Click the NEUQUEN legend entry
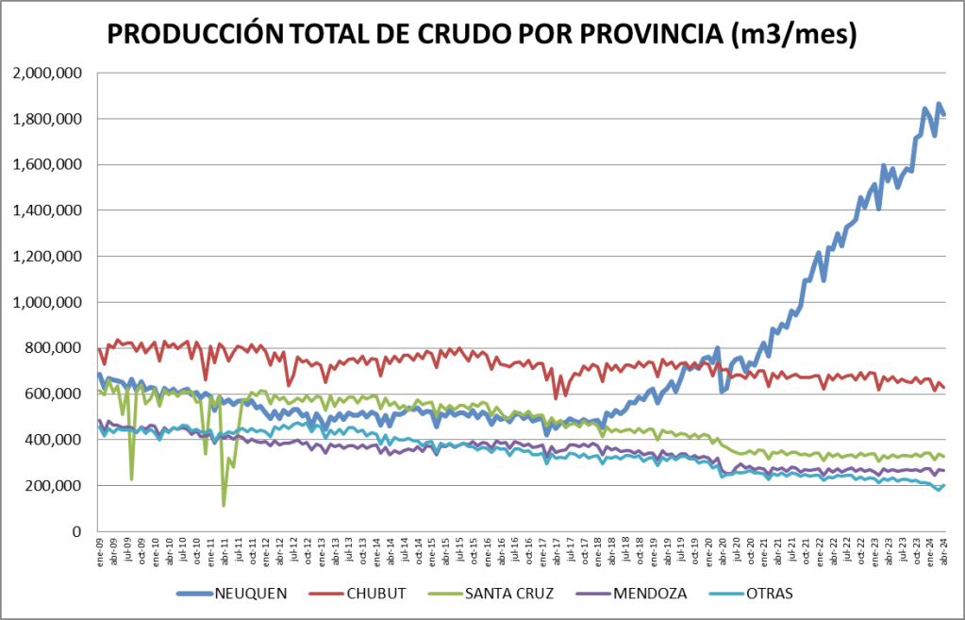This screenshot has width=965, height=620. pos(251,594)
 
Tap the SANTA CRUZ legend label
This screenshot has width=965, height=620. pos(509,594)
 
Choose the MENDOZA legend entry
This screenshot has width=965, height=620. pos(650,594)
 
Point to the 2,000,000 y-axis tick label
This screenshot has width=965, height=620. pos(48,74)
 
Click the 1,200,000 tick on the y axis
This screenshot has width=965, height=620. pos(48,257)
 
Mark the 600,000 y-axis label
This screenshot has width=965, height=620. pos(56,394)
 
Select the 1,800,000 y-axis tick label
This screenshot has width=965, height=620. pos(48,120)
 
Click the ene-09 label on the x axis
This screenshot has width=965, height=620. pos(100,550)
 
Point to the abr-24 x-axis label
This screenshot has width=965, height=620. pos(943,550)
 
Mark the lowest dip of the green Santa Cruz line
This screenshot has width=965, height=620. pos(224,505)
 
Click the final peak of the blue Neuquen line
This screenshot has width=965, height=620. pos(939,104)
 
